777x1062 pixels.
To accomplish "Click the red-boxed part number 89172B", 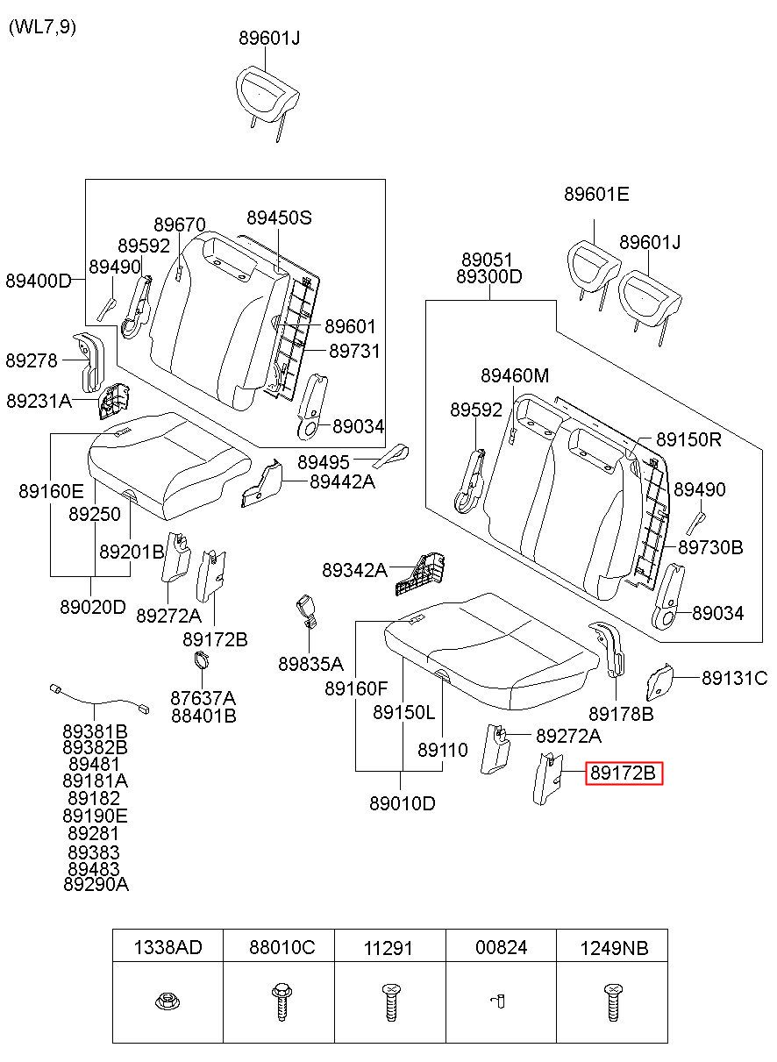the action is tap(623, 773).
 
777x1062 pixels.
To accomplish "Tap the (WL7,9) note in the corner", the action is tap(42, 27).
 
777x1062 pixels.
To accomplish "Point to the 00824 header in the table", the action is tap(501, 947).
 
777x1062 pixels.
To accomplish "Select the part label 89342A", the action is tap(354, 569).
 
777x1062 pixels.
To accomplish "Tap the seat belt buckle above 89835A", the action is tap(307, 612).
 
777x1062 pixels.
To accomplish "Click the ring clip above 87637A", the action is tap(202, 660).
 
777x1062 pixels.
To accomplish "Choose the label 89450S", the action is tap(279, 217).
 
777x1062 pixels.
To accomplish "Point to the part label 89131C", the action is tap(734, 678).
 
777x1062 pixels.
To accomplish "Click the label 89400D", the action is tap(39, 281).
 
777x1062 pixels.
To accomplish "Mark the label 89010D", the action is tap(402, 803).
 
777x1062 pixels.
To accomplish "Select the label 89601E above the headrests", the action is tap(596, 194).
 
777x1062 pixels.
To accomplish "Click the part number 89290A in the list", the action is tap(96, 884).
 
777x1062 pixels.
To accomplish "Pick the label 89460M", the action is tap(515, 375).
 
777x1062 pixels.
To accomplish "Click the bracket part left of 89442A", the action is tap(261, 483).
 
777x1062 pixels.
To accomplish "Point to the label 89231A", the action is tap(39, 401).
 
